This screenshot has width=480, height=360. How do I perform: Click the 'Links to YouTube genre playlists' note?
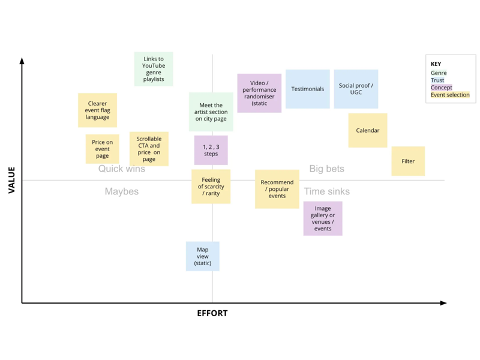coord(154,69)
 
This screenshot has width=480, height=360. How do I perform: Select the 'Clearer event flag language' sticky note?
coord(97,110)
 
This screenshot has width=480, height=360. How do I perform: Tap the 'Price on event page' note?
coord(102,149)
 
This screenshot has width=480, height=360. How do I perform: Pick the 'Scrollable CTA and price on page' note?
coord(149,149)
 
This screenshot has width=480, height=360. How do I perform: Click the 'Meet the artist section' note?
coord(211,112)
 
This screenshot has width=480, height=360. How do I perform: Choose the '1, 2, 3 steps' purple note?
coord(211,150)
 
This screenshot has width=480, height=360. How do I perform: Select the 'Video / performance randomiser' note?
coord(259,93)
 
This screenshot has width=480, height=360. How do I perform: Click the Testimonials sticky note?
coord(308,89)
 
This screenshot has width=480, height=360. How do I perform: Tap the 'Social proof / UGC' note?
coord(356,89)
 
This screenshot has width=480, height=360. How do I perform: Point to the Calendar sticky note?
coord(368,130)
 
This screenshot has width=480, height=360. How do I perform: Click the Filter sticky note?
coord(408,161)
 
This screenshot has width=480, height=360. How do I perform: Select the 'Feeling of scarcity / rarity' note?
coord(211,187)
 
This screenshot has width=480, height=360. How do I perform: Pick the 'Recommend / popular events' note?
coord(277,189)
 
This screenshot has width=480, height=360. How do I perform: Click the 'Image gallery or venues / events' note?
coord(323,218)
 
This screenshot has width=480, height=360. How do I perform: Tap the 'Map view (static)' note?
coord(203,256)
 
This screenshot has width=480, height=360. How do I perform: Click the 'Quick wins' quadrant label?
coord(122,169)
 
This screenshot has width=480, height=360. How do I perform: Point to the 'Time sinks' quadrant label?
coord(326,191)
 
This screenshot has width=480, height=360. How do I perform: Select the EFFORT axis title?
coord(212,313)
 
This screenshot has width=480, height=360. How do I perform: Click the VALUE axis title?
coord(11,180)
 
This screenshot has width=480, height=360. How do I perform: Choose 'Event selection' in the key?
coord(450,95)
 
